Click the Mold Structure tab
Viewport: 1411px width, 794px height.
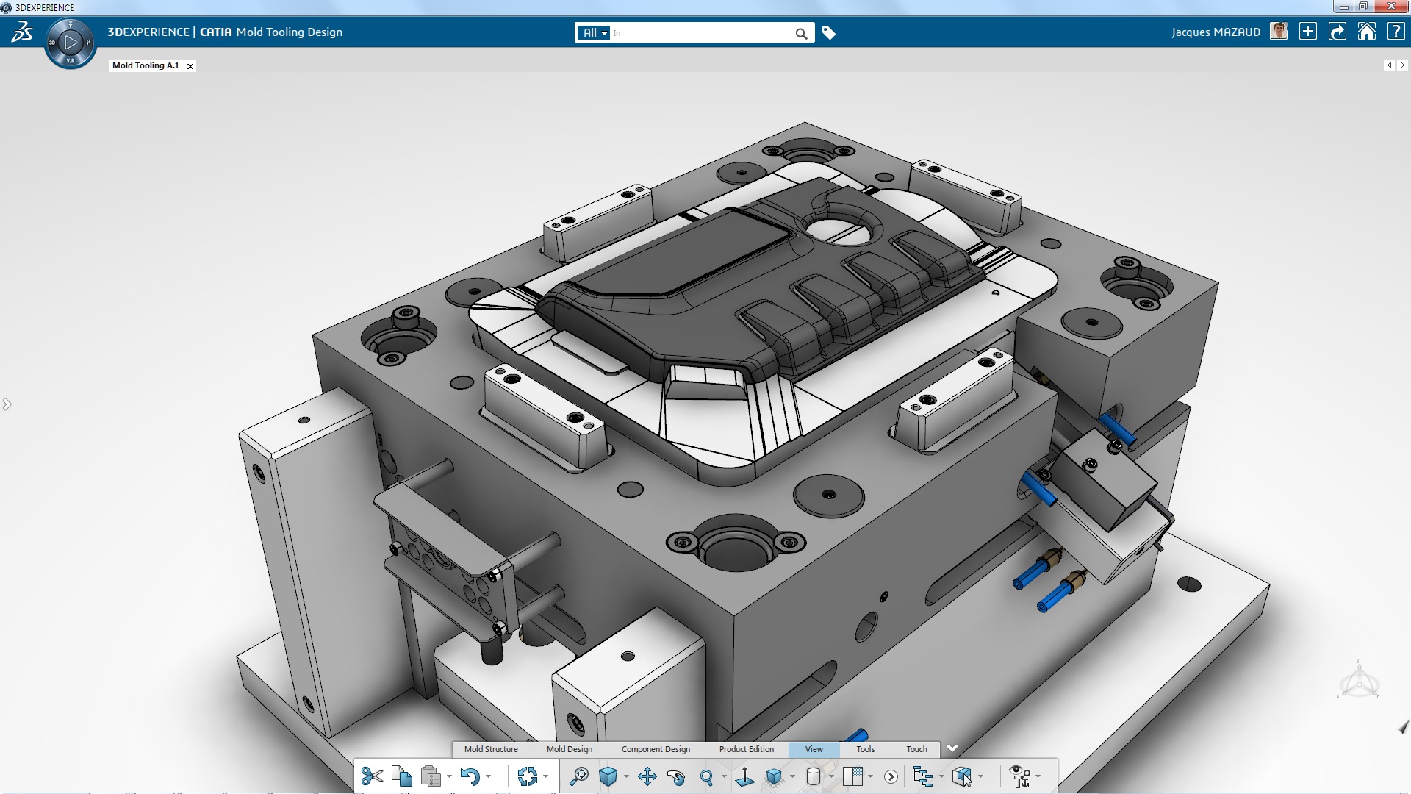click(x=491, y=749)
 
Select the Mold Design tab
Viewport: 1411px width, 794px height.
click(x=570, y=749)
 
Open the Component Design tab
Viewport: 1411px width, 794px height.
click(x=656, y=749)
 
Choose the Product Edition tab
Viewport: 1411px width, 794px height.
click(x=747, y=749)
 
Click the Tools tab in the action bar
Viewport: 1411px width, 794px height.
click(x=865, y=749)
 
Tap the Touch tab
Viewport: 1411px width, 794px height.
click(x=916, y=749)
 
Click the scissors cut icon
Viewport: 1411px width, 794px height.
click(x=372, y=776)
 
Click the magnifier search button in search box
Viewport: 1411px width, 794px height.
click(x=801, y=33)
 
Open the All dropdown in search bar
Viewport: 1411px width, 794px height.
click(x=595, y=33)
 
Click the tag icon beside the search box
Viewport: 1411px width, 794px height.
click(x=828, y=33)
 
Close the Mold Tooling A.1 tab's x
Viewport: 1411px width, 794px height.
click(x=190, y=66)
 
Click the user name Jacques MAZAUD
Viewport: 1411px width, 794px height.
click(x=1216, y=32)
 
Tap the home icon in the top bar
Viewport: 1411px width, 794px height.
click(x=1366, y=32)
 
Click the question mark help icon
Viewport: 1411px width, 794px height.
click(x=1396, y=32)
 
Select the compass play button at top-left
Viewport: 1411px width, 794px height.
click(x=71, y=43)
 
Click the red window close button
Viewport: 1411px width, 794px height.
click(x=1390, y=7)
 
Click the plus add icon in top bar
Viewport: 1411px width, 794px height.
click(x=1308, y=32)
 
